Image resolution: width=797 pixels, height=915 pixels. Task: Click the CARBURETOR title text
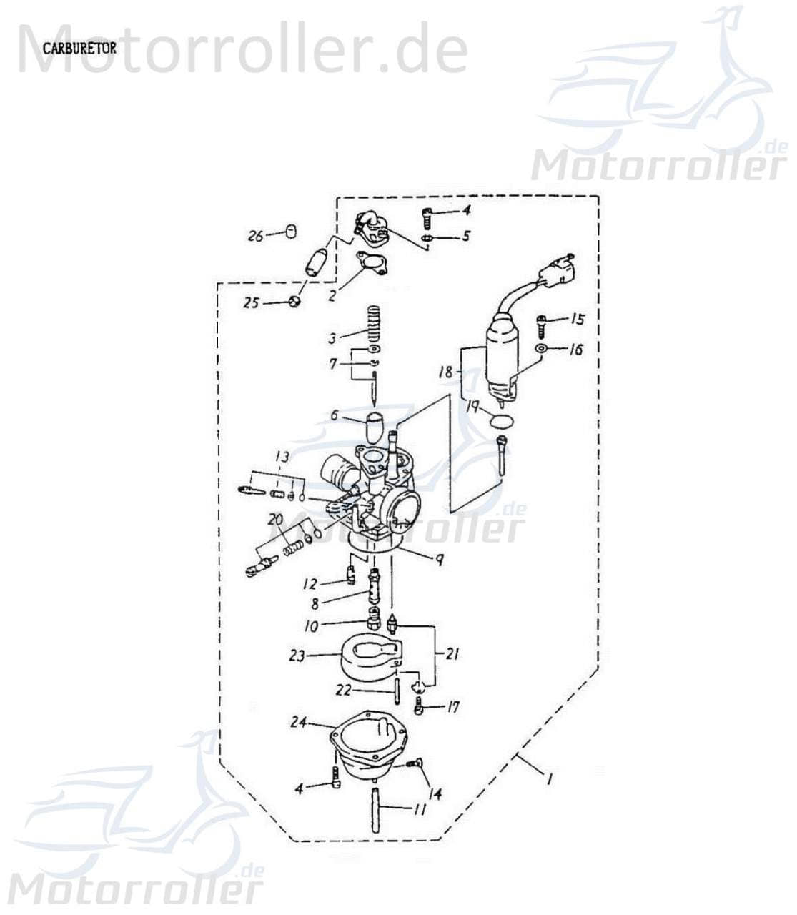click(79, 48)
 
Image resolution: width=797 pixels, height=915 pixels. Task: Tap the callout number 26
click(256, 236)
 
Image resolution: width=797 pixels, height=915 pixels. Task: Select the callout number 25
click(250, 303)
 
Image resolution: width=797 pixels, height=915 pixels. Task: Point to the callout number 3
click(332, 336)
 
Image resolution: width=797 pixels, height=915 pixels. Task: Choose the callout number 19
click(473, 408)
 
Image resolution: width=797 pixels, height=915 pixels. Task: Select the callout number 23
click(297, 655)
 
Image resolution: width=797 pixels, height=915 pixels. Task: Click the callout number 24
click(300, 723)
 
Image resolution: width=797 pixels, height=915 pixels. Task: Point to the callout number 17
click(452, 708)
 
